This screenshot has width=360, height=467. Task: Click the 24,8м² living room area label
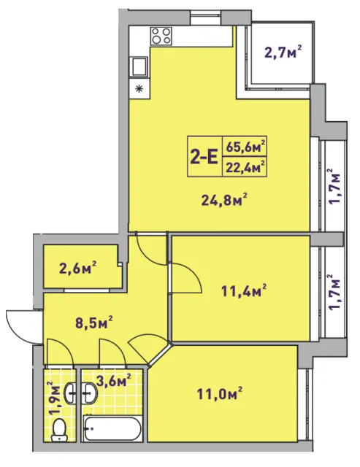click(x=225, y=200)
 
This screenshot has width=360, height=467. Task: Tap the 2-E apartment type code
click(x=204, y=157)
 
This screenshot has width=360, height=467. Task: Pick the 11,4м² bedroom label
click(x=244, y=291)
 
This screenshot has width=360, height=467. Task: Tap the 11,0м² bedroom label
click(x=219, y=393)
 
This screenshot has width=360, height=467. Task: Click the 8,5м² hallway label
click(x=94, y=323)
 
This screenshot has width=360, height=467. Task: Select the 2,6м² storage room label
click(x=78, y=268)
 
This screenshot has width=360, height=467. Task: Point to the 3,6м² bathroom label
click(x=113, y=380)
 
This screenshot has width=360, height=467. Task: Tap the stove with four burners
click(x=161, y=36)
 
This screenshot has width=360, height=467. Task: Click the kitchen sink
click(x=139, y=67)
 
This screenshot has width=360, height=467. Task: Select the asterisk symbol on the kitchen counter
click(x=139, y=88)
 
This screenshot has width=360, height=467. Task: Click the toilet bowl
click(x=59, y=430)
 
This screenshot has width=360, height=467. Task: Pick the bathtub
click(x=112, y=429)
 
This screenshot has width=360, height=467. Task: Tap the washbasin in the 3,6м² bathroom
click(x=89, y=393)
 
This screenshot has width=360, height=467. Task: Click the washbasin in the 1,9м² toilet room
click(x=70, y=393)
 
